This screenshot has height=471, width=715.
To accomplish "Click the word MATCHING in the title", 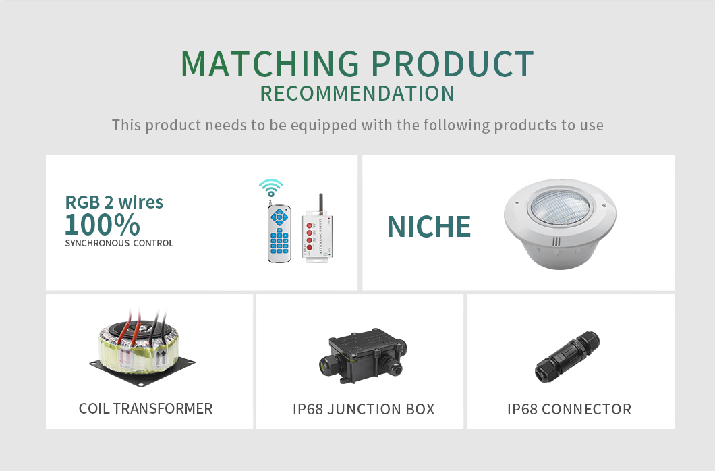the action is point(270,63).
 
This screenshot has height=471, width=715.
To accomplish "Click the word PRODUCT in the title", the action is point(452,63).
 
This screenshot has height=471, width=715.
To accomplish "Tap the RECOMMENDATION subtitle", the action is point(357,94).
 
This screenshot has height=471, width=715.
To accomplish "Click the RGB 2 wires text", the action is point(114,202).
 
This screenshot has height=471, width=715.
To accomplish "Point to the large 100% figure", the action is point(102,224).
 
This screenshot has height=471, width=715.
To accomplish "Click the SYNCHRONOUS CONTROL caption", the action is point(119,243).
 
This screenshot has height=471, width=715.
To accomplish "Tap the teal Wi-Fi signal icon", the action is point(271,188).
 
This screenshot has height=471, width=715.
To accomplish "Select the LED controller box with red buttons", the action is point(318,235).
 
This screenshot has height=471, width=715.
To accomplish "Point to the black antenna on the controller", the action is point(320,202).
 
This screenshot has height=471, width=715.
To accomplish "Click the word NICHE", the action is point(428,227).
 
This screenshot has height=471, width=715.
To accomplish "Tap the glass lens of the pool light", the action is point(560,207).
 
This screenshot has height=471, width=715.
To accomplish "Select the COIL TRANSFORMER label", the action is point(146,408).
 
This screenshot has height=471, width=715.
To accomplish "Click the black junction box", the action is point(362,356).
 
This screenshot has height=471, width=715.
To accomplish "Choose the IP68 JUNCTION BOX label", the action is point(364,409).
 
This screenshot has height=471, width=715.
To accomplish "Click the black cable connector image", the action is point(567,357).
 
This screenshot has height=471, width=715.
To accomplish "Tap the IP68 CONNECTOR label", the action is point(569,409).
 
